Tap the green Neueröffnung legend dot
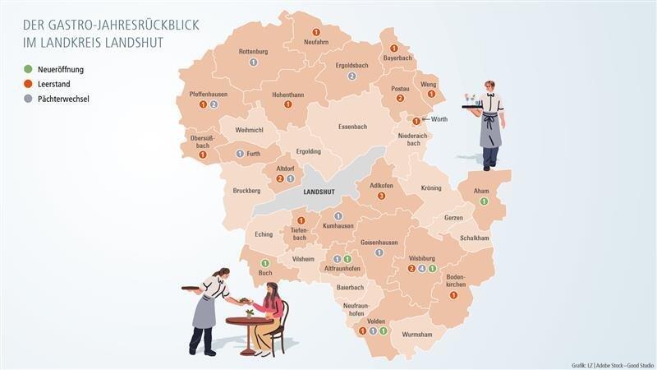tap(28, 69)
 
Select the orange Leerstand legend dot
tap(28, 84)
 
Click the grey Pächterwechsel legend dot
tap(28, 99)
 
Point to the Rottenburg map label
tap(253, 52)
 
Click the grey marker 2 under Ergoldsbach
tap(351, 76)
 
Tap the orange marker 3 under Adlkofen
tap(381, 196)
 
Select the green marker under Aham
tap(484, 201)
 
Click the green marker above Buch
tap(265, 263)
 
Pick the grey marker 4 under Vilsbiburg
tap(422, 268)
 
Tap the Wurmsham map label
tap(417, 335)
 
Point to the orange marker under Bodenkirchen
tap(453, 295)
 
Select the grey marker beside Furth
tap(240, 153)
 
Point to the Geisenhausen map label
tap(379, 243)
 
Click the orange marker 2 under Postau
tap(400, 99)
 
